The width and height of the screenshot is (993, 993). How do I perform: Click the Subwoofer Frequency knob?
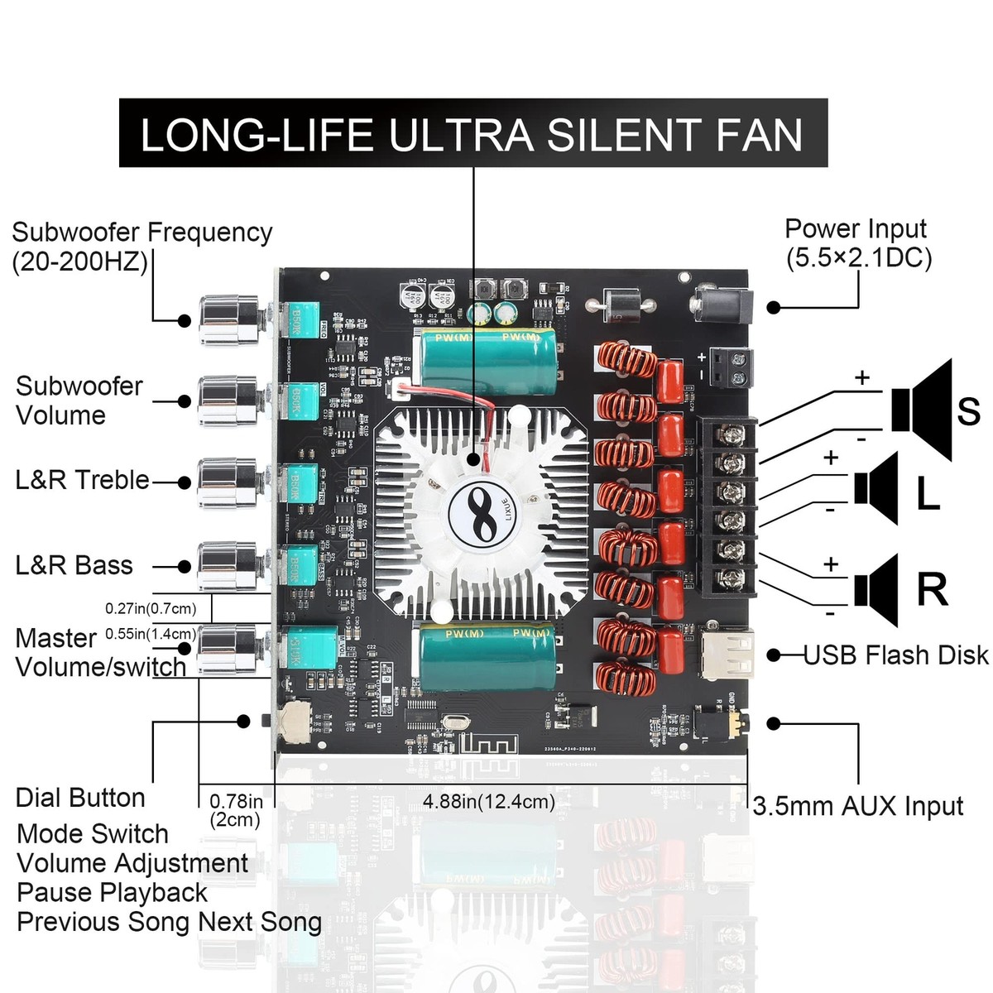(x=225, y=320)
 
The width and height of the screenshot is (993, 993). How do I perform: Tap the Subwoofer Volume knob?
(x=225, y=401)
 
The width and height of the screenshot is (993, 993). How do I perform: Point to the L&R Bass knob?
(x=225, y=566)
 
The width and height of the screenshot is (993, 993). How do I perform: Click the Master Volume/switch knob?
(x=225, y=650)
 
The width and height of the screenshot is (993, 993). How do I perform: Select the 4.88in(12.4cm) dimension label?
(x=488, y=801)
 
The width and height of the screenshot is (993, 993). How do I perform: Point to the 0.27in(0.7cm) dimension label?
(x=151, y=609)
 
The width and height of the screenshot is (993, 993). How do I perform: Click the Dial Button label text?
(x=80, y=798)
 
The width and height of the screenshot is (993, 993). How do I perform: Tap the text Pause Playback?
(x=112, y=893)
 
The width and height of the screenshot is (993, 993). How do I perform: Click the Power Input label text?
(x=856, y=228)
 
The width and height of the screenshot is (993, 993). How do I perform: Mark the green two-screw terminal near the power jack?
(x=731, y=367)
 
